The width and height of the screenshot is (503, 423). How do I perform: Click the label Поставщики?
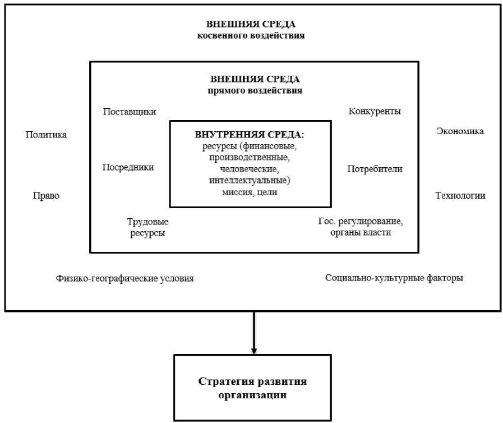(130, 112)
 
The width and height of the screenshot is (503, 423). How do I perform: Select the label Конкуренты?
(375, 111)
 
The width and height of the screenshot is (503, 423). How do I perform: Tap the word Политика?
(47, 135)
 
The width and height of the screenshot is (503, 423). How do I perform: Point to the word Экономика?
(460, 131)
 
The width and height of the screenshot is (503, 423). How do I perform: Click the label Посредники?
(128, 167)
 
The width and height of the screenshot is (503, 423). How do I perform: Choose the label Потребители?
(375, 168)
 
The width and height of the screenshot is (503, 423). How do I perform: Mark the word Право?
(47, 196)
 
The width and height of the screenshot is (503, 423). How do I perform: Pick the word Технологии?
(460, 196)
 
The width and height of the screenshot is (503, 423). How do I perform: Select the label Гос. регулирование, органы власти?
(360, 227)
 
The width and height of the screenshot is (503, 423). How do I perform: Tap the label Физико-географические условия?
(124, 278)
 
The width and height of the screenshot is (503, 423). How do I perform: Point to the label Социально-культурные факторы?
(394, 278)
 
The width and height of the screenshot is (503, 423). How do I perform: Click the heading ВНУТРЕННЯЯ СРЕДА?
(250, 135)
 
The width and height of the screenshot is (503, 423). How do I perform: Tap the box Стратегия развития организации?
(253, 388)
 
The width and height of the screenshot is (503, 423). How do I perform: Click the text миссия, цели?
(250, 192)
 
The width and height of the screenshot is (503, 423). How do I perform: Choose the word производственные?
(250, 158)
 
